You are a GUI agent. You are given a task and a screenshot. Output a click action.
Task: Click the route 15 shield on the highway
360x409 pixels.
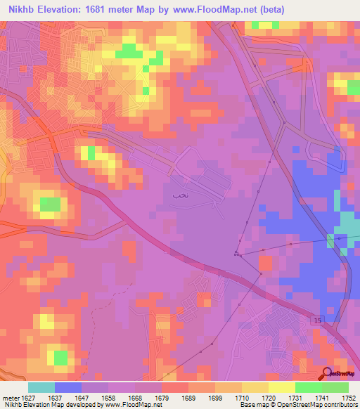pyautogui.click(x=319, y=321)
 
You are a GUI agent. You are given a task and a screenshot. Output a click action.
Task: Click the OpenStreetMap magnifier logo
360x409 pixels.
pyautogui.click(x=328, y=374)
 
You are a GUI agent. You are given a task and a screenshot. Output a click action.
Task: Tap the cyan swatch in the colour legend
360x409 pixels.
pyautogui.click(x=41, y=387)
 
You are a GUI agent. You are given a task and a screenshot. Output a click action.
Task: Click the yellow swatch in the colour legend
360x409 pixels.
pyautogui.click(x=282, y=387)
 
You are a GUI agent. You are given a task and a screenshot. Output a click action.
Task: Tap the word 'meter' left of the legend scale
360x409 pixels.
pyautogui.click(x=12, y=396)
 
